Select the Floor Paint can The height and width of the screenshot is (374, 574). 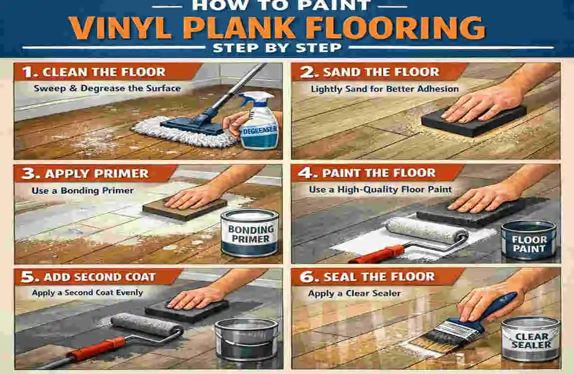tap(529, 240)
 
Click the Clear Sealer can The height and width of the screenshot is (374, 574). tap(531, 339)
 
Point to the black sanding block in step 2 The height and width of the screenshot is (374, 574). tap(474, 120)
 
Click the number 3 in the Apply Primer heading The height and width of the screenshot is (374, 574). tap(30, 174)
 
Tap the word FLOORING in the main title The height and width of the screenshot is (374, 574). tap(396, 27)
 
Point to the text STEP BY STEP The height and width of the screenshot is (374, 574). tap(278, 48)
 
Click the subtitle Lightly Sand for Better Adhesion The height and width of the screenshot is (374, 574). tap(385, 89)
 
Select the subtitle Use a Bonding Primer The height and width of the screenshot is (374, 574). tap(83, 190)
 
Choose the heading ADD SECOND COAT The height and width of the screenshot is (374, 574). tap(99, 277)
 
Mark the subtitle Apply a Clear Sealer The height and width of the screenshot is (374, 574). tap(354, 293)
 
